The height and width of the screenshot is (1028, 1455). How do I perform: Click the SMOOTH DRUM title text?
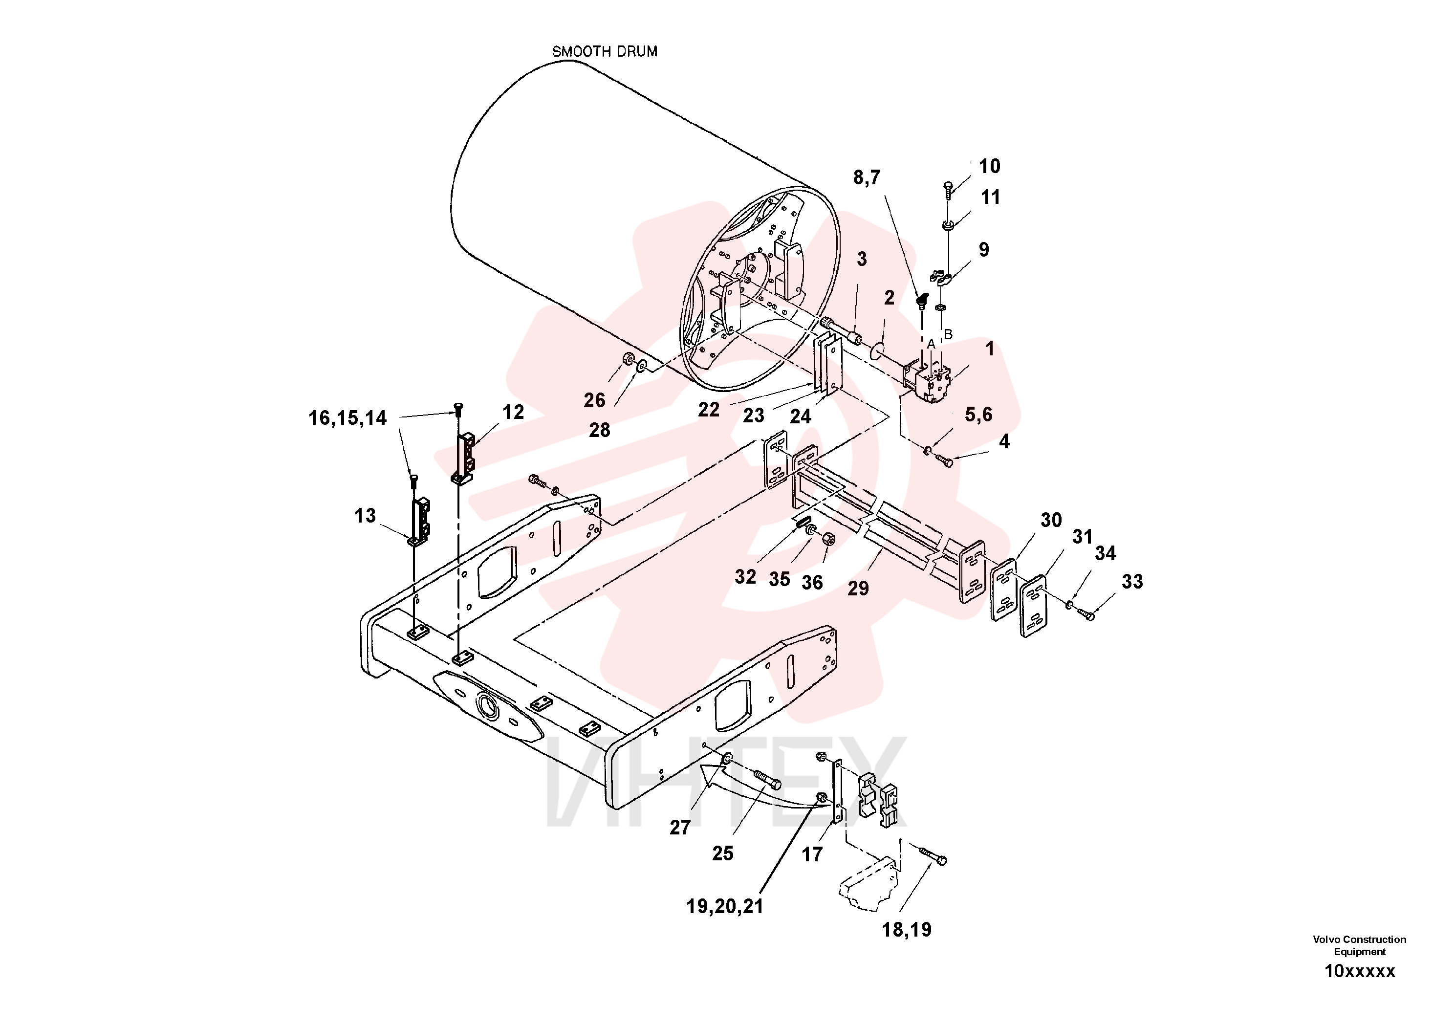click(605, 51)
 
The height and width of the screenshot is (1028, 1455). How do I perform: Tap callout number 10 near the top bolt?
click(989, 167)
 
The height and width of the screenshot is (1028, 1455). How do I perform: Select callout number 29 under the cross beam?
click(858, 588)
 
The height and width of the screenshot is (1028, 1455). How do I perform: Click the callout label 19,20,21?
click(725, 907)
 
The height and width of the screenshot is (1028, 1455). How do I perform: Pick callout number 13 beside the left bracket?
click(365, 515)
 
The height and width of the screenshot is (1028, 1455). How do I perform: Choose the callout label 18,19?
click(907, 930)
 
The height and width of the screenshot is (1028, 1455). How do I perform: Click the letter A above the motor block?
click(931, 344)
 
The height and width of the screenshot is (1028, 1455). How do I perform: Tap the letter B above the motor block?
click(948, 334)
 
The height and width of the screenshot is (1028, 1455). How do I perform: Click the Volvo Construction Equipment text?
click(1359, 945)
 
